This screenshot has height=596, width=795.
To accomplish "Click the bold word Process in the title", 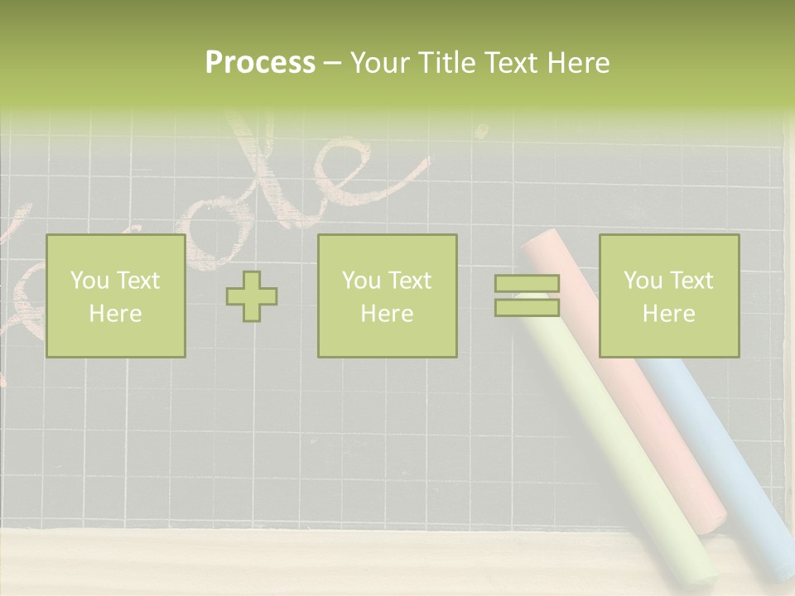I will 260,63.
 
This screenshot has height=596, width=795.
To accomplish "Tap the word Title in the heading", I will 448,63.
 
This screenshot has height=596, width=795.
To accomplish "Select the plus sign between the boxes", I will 252,296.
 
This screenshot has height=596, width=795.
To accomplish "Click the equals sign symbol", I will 527,296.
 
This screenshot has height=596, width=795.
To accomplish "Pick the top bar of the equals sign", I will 527,283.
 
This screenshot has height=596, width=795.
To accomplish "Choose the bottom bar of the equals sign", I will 527,308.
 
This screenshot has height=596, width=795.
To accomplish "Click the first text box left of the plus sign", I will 115,296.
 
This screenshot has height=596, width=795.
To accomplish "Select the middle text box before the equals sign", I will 387,296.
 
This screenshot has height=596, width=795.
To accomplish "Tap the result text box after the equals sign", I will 668,296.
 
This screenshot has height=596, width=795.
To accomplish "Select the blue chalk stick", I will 729,464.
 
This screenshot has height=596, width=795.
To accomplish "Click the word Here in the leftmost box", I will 115,314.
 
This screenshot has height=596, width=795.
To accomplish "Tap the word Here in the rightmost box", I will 668,314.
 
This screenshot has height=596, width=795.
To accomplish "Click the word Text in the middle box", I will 409,281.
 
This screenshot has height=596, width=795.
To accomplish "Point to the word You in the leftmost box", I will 89,281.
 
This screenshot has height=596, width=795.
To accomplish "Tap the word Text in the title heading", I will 512,63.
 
